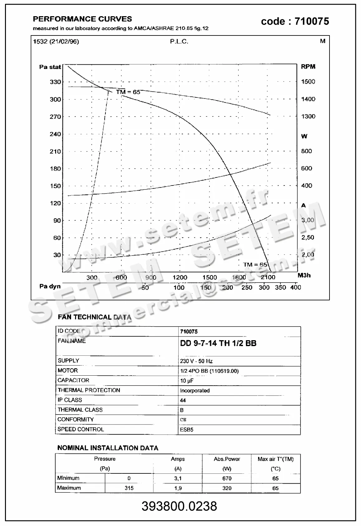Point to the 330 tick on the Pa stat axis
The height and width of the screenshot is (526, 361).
pyautogui.click(x=55, y=82)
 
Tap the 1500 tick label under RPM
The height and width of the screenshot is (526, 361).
pyautogui.click(x=308, y=82)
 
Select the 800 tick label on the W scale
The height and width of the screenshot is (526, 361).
pyautogui.click(x=306, y=151)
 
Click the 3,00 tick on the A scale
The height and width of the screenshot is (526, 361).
pyautogui.click(x=308, y=220)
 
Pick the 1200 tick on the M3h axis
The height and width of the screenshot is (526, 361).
pyautogui.click(x=180, y=277)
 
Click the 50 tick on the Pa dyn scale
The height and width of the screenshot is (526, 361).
pyautogui.click(x=145, y=288)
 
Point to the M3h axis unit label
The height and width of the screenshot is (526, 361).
pyautogui.click(x=304, y=275)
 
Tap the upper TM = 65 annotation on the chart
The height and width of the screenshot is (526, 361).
pyautogui.click(x=128, y=92)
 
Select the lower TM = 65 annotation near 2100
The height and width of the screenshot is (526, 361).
pyautogui.click(x=255, y=265)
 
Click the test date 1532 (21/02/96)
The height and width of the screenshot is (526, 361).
pyautogui.click(x=56, y=41)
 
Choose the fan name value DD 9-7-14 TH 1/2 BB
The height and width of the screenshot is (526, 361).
pyautogui.click(x=218, y=343)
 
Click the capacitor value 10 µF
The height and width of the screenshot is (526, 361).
pyautogui.click(x=187, y=381)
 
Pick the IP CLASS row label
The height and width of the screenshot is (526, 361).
pyautogui.click(x=70, y=400)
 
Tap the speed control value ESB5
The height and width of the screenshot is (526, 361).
pyautogui.click(x=187, y=430)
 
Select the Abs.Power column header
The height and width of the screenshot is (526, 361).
pyautogui.click(x=227, y=459)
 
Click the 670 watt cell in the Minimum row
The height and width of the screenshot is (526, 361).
pyautogui.click(x=227, y=478)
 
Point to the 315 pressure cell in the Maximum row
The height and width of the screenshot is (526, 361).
pyautogui.click(x=129, y=488)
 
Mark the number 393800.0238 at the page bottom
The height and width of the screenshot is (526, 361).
pyautogui.click(x=179, y=506)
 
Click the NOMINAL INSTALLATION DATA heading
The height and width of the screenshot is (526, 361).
pyautogui.click(x=108, y=448)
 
